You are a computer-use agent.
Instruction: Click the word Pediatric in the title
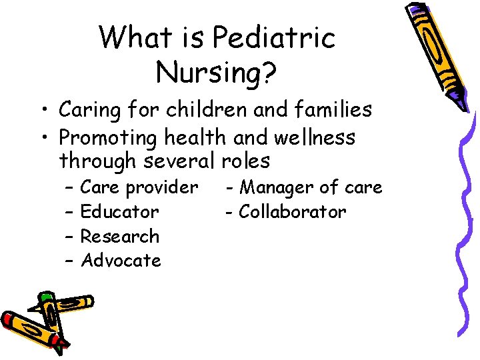tap(273, 39)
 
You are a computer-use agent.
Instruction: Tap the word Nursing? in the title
tap(217, 71)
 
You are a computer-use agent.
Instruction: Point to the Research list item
tap(120, 236)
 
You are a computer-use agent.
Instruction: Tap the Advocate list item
tap(121, 260)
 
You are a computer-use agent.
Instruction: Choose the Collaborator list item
tap(293, 212)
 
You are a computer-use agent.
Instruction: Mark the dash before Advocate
tap(69, 261)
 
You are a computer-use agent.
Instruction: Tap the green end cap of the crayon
tap(46, 297)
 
